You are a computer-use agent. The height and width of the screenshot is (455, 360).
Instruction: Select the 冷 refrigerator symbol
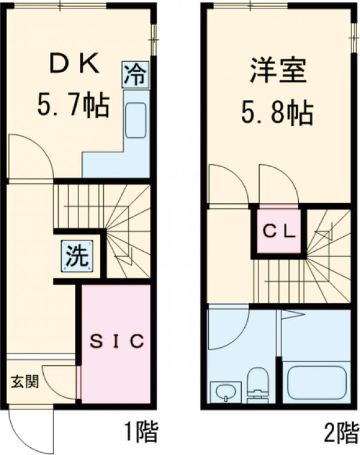(x=136, y=76)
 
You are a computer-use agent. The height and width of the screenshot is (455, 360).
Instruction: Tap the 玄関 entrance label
(x=25, y=381)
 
